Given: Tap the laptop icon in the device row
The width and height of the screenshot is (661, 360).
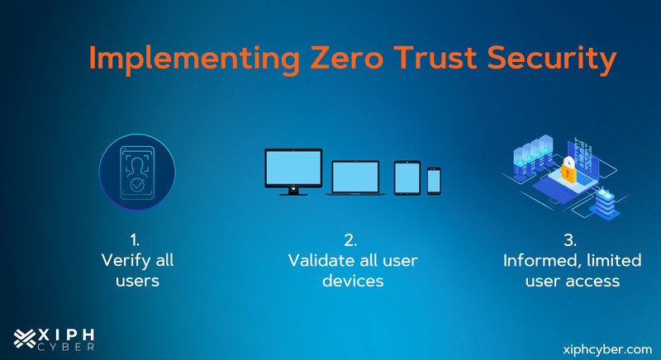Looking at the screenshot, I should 356,178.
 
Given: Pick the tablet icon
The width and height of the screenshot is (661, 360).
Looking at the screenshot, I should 407,177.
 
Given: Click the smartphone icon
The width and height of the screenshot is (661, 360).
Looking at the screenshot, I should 434,180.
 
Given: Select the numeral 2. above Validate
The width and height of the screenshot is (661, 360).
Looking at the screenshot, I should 351,240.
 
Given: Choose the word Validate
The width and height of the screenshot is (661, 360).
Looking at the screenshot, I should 321,261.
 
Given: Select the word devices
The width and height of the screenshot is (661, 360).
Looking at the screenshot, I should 353,281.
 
